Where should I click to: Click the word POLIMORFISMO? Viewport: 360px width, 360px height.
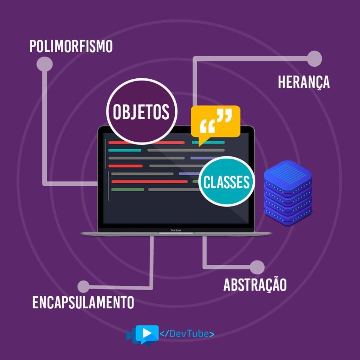point(71,46)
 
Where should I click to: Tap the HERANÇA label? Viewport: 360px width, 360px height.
point(304,82)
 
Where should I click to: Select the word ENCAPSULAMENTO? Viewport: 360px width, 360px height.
point(83,302)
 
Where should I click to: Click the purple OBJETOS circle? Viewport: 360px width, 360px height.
point(141,111)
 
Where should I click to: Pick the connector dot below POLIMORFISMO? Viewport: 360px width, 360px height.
point(44,64)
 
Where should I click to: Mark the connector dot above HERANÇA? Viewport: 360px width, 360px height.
point(314,58)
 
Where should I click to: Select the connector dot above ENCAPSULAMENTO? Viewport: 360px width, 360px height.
point(83,287)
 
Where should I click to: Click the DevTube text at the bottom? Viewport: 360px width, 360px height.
point(187,333)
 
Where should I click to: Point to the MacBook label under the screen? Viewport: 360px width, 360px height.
point(176,230)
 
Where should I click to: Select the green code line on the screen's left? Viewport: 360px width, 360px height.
point(127,189)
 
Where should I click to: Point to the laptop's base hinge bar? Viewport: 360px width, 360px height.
point(176,234)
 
